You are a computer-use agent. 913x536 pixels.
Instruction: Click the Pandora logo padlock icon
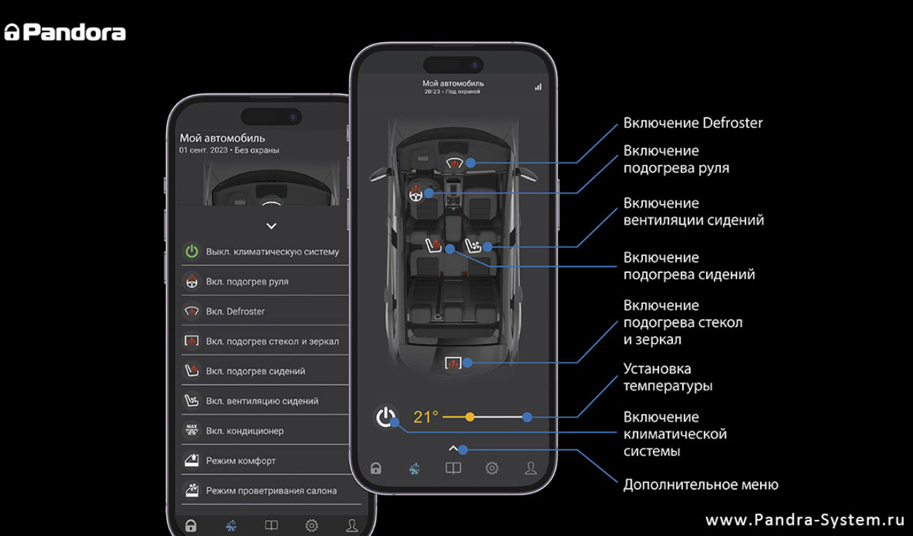pyautogui.click(x=12, y=32)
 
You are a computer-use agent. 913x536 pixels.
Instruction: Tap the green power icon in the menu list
pyautogui.click(x=191, y=251)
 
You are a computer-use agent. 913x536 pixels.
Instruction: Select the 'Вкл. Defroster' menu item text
pyautogui.click(x=235, y=311)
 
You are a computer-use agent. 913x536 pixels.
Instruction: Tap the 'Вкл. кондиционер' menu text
pyautogui.click(x=245, y=431)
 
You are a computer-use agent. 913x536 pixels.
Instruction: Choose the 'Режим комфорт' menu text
pyautogui.click(x=241, y=460)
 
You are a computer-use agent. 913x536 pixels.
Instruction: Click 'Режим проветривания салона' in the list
pyautogui.click(x=271, y=490)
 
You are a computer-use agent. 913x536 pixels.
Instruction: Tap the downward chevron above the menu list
pyautogui.click(x=271, y=226)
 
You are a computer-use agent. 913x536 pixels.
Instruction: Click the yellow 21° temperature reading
pyautogui.click(x=426, y=417)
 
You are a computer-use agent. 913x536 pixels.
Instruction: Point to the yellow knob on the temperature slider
pyautogui.click(x=470, y=417)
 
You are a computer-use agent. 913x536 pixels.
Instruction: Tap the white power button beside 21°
pyautogui.click(x=385, y=417)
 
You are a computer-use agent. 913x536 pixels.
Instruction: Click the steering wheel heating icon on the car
pyautogui.click(x=416, y=194)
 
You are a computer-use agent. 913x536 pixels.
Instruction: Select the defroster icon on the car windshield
pyautogui.click(x=454, y=162)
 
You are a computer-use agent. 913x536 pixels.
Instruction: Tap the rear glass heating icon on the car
pyautogui.click(x=452, y=362)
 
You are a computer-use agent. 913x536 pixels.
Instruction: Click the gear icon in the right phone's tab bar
pyautogui.click(x=492, y=468)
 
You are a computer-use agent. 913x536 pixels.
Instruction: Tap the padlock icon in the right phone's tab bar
pyautogui.click(x=376, y=468)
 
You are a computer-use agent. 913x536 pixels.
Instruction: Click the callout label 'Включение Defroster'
pyautogui.click(x=693, y=123)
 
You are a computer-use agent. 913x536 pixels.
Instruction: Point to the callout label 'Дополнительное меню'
pyautogui.click(x=701, y=485)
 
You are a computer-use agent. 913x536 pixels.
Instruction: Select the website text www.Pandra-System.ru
pyautogui.click(x=805, y=520)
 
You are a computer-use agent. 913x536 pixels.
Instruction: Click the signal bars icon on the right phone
pyautogui.click(x=539, y=87)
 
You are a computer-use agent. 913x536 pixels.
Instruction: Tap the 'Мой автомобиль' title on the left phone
pyautogui.click(x=222, y=138)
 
